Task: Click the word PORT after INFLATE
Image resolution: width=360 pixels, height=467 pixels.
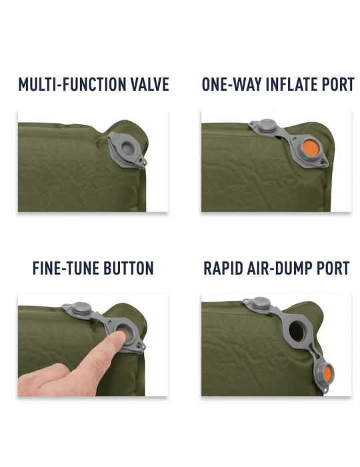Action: [334, 84]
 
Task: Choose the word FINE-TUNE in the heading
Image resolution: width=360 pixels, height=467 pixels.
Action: [63, 268]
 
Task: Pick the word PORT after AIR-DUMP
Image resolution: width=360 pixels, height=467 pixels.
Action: [333, 268]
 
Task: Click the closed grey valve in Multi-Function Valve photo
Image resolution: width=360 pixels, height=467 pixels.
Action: [127, 149]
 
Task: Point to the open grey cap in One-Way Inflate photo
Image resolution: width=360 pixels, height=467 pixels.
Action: [267, 126]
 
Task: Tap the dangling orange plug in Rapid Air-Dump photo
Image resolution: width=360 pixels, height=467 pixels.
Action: [327, 372]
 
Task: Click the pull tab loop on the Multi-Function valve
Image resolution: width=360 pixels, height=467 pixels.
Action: [143, 161]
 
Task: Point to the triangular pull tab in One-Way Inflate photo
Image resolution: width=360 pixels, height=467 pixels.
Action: [323, 161]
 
